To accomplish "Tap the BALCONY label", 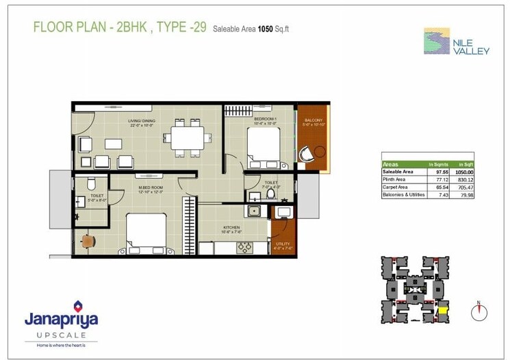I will (x=313, y=120).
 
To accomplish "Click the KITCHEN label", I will (x=231, y=227).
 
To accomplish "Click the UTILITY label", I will (x=283, y=244).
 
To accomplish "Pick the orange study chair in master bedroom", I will (x=87, y=241).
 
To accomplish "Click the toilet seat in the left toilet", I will (x=91, y=185).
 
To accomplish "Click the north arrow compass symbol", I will (x=479, y=311).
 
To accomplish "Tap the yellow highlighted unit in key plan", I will (x=443, y=310).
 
